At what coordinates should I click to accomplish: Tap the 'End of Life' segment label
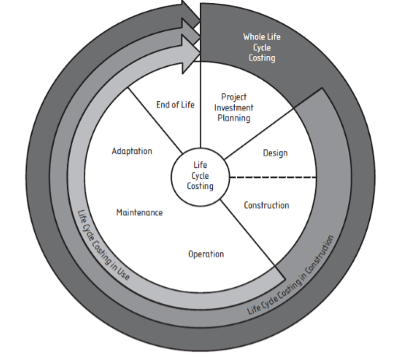pyautogui.click(x=175, y=104)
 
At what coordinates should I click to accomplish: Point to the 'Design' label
pyautogui.click(x=274, y=153)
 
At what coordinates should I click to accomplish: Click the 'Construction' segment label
pyautogui.click(x=266, y=206)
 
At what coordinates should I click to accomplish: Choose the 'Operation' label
pyautogui.click(x=206, y=253)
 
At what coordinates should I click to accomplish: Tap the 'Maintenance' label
pyautogui.click(x=139, y=212)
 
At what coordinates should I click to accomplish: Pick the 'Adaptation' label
pyautogui.click(x=131, y=151)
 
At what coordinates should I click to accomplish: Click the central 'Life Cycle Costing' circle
pyautogui.click(x=201, y=177)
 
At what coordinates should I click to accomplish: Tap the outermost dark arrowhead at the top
pyautogui.click(x=190, y=9)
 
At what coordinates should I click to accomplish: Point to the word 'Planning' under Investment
pyautogui.click(x=233, y=118)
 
